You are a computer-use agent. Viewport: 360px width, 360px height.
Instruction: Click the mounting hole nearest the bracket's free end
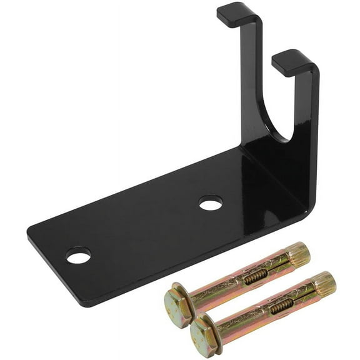click(79, 255)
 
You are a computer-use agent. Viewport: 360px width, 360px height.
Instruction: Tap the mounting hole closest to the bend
click(211, 202)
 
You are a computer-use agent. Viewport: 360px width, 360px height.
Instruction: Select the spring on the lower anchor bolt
click(281, 305)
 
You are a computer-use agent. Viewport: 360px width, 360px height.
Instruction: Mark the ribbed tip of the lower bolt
click(324, 284)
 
